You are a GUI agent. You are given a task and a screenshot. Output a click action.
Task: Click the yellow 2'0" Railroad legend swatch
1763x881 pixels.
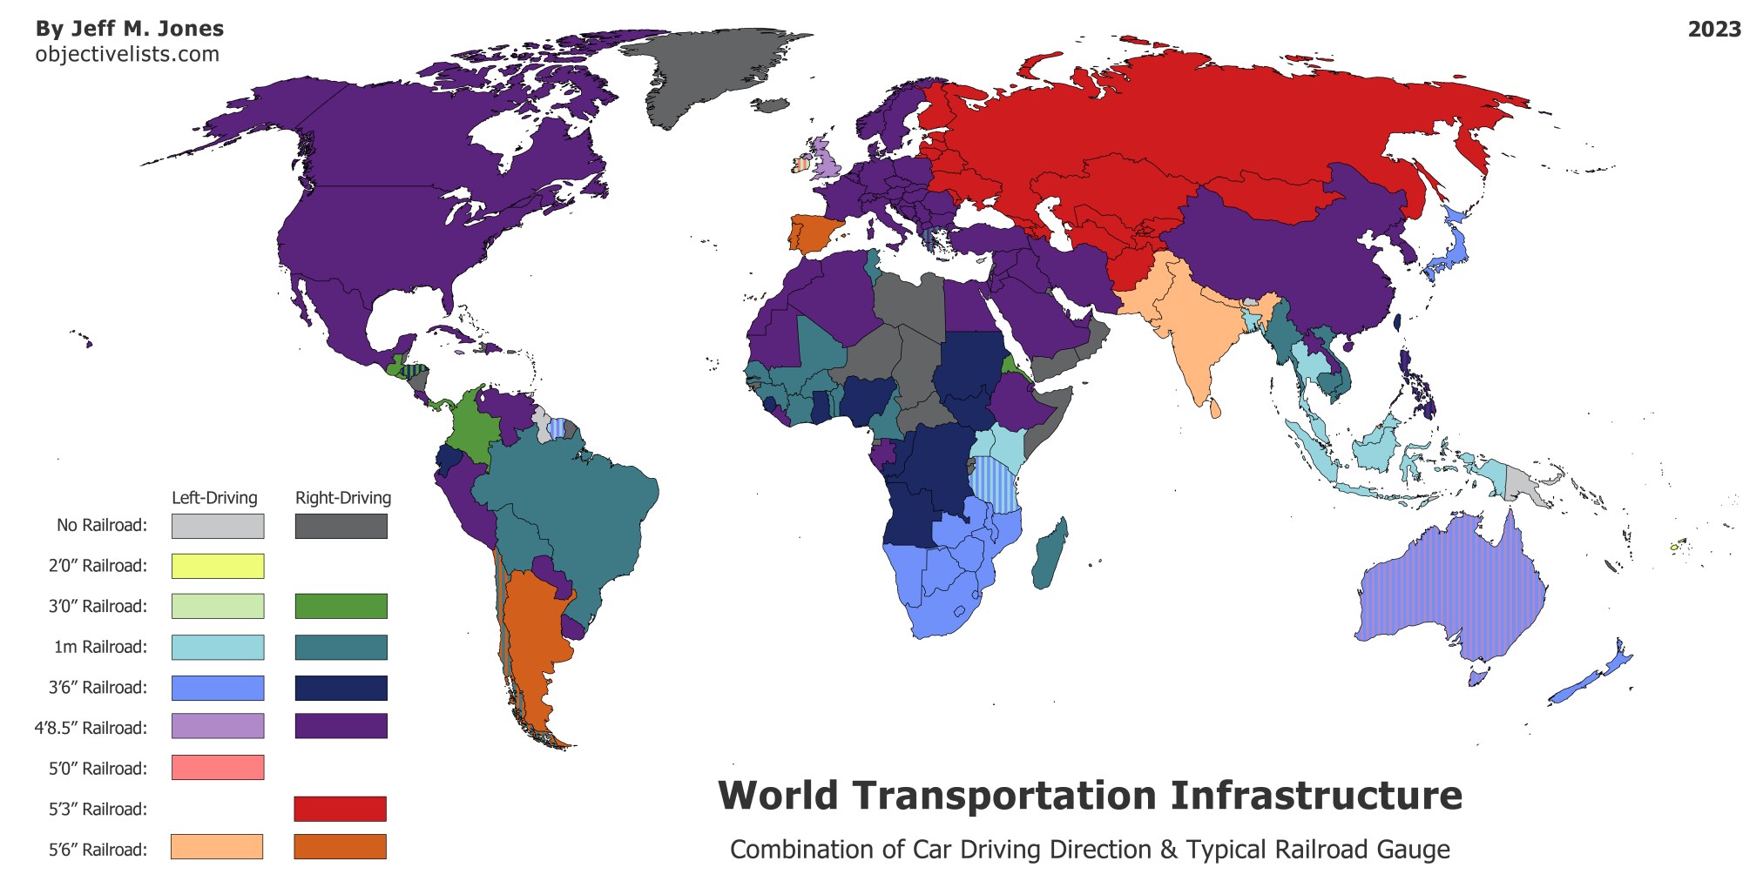pos(218,566)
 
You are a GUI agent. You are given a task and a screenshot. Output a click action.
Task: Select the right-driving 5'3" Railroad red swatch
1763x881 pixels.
pos(340,809)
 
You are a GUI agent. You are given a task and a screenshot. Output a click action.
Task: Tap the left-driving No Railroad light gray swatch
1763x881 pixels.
pos(218,526)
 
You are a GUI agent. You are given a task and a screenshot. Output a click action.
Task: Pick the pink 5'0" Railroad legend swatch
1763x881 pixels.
pos(218,768)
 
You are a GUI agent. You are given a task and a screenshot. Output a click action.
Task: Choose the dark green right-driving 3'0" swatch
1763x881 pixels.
pos(341,606)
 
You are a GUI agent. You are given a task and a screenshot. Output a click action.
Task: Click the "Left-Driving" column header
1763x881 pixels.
pos(214,498)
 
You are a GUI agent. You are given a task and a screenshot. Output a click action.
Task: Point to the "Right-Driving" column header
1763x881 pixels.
pos(343,498)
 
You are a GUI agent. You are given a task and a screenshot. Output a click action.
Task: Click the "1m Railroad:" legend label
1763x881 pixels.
pos(100,647)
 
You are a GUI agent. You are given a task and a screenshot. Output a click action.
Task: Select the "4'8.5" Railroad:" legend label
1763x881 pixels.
pos(91,728)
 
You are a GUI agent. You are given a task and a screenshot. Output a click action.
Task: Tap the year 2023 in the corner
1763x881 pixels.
pos(1714,29)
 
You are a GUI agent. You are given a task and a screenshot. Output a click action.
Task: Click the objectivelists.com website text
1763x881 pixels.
pos(127,54)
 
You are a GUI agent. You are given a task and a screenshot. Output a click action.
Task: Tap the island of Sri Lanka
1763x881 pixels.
pos(1214,406)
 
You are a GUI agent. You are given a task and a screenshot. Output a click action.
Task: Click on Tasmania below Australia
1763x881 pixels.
pos(1476,676)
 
